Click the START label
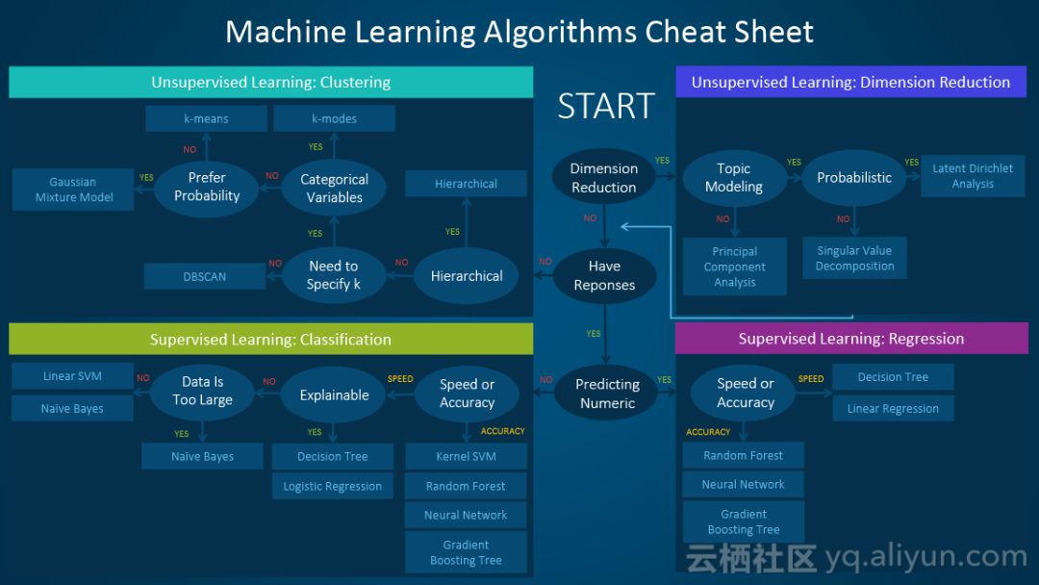[606, 106]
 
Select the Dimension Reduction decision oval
[604, 177]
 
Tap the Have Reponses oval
[604, 275]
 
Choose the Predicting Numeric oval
[607, 394]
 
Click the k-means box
[207, 118]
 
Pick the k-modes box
[334, 118]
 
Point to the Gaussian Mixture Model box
[74, 190]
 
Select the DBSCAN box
[205, 276]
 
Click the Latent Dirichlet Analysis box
[973, 176]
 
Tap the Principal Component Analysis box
[735, 267]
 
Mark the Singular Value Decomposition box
[854, 258]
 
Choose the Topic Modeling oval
[734, 177]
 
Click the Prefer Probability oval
[207, 187]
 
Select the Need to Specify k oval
[333, 275]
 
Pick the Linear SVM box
[72, 376]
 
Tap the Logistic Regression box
[332, 486]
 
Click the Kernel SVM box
[467, 456]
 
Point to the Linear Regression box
[893, 408]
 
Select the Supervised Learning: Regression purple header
[851, 339]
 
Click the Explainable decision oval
[334, 394]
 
